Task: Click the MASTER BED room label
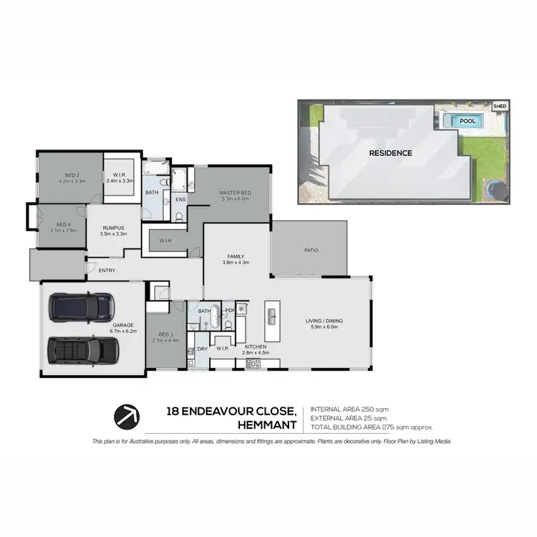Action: pos(235,193)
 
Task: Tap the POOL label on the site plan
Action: pos(468,121)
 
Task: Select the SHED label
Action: pos(500,107)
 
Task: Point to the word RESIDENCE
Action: pos(390,153)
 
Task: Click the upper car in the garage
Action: pos(82,306)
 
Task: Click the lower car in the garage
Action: pos(82,350)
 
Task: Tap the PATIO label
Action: pos(311,250)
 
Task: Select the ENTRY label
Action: pos(107,270)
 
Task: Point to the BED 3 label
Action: pos(164,335)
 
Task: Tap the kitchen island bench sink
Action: pos(272,316)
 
